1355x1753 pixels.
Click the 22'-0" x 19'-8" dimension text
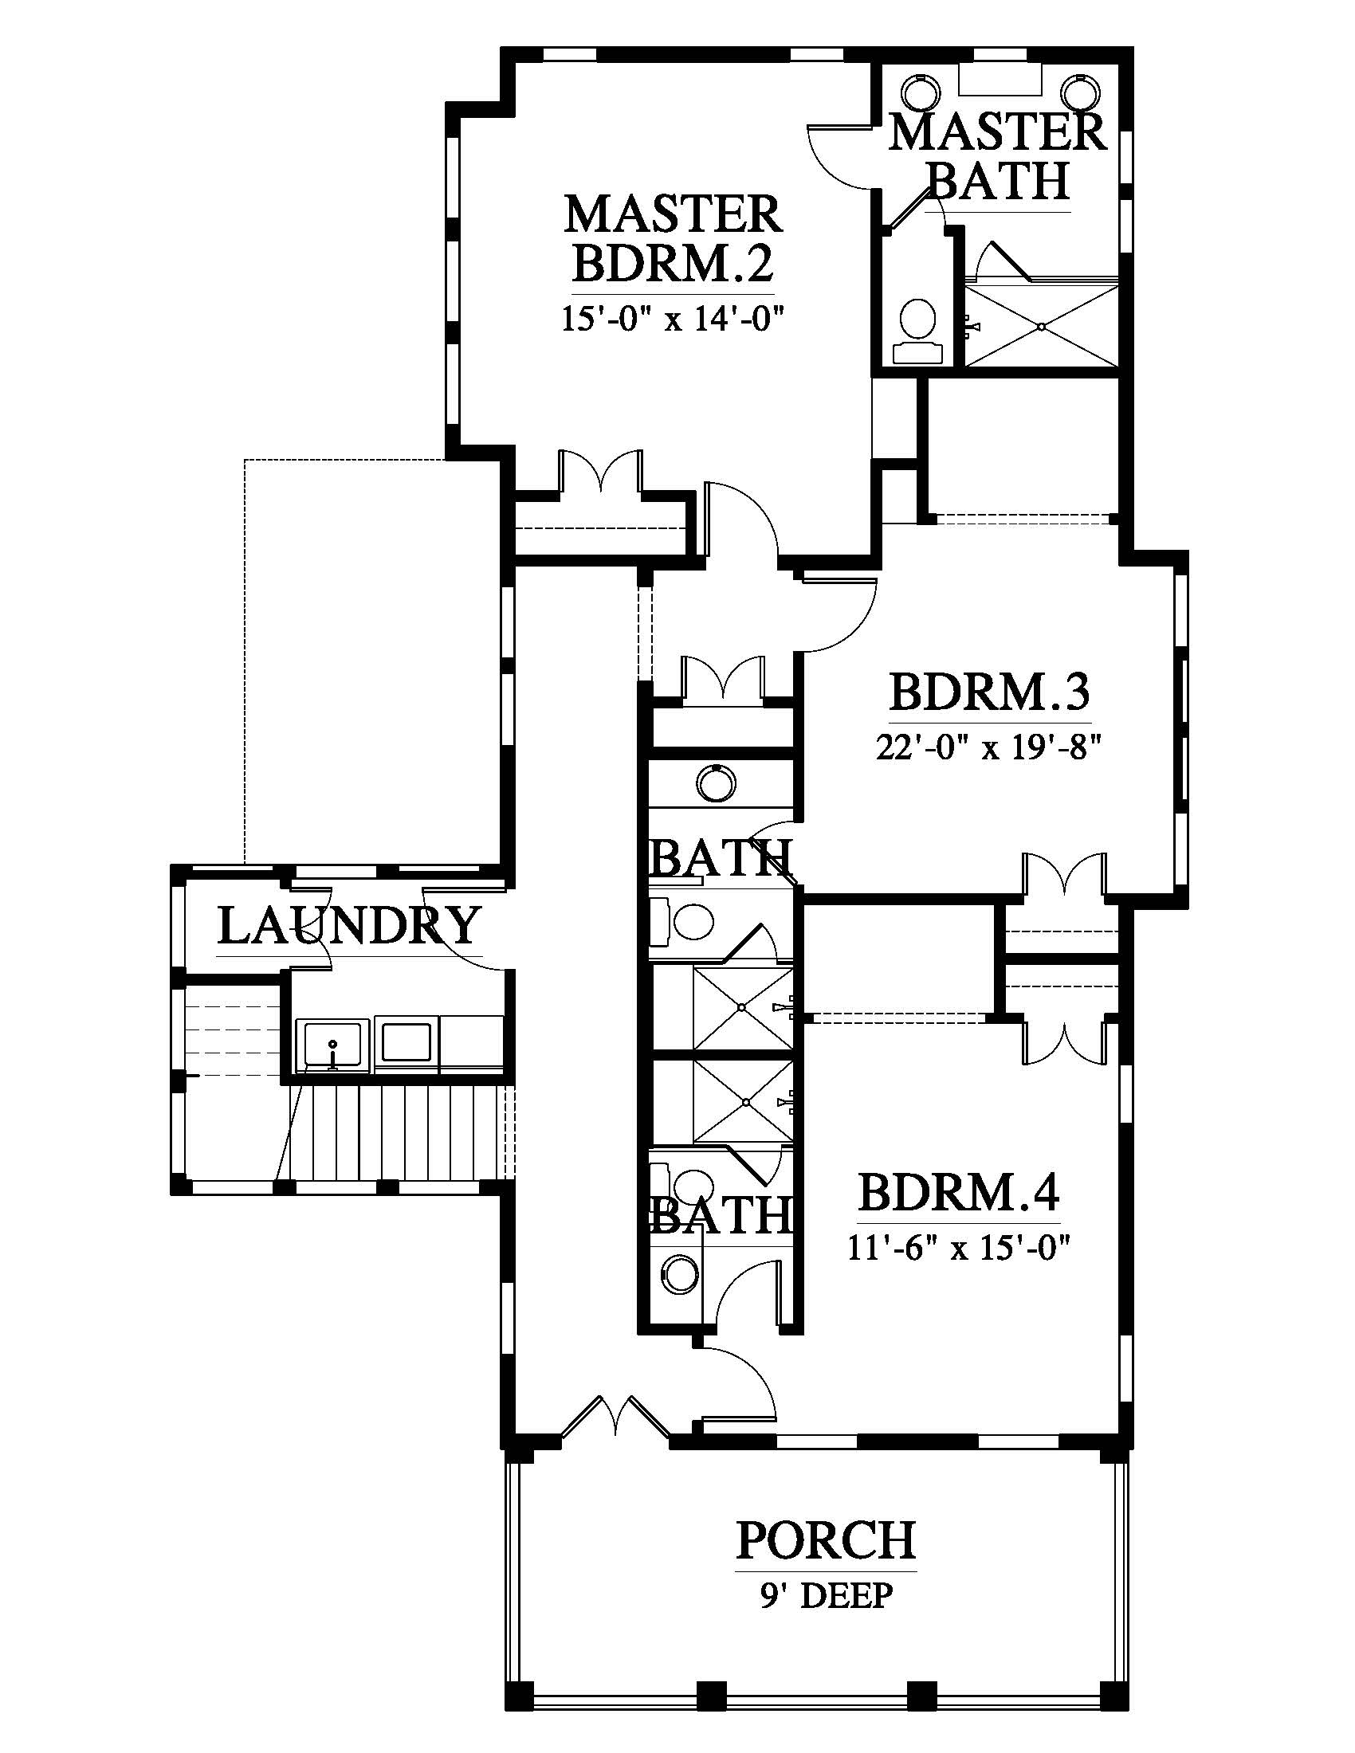click(x=987, y=748)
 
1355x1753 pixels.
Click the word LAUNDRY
click(x=349, y=925)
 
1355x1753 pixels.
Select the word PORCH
click(x=826, y=1539)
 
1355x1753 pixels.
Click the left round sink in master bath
click(x=920, y=90)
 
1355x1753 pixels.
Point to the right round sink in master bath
click(x=1080, y=90)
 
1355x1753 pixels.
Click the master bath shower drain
click(x=1040, y=327)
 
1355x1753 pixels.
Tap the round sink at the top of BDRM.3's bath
click(x=715, y=782)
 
